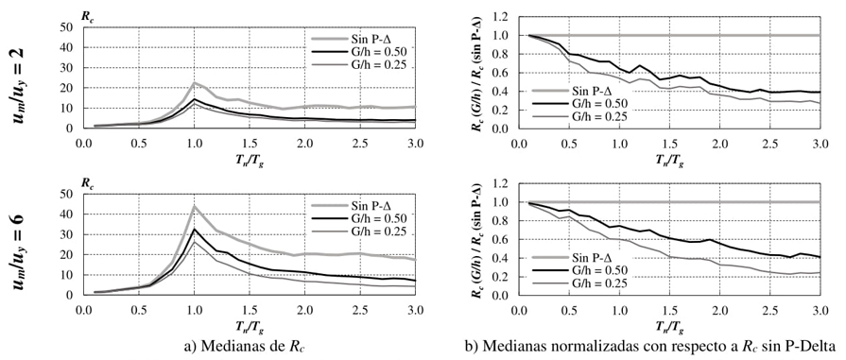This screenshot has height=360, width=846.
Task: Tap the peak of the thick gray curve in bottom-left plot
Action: (195, 207)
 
